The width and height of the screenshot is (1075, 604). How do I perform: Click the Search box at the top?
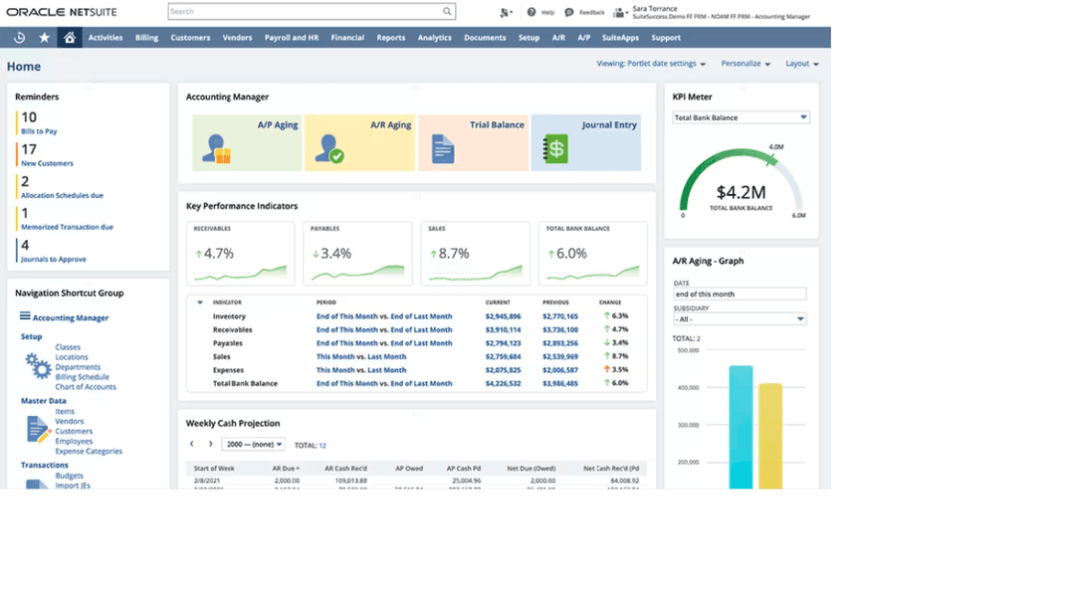point(311,12)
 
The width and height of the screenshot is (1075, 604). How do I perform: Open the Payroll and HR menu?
point(292,38)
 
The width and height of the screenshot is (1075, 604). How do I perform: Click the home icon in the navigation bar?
point(69,38)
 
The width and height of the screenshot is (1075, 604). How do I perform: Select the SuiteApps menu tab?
point(621,38)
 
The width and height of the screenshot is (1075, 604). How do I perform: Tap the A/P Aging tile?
point(246,142)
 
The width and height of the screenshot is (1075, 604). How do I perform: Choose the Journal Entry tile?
point(585,142)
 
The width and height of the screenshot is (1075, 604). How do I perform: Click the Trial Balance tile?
point(473,142)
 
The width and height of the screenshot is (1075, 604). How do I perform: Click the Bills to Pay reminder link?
point(39,131)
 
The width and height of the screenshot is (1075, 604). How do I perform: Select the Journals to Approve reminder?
point(54,259)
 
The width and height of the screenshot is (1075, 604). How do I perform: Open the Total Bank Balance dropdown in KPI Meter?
point(742,117)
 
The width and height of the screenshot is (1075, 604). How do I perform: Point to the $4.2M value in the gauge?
point(741,192)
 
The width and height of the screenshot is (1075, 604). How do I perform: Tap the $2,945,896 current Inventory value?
point(503,316)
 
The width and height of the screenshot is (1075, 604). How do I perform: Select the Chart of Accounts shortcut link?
point(86,387)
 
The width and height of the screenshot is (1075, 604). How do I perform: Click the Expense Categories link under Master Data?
point(89,451)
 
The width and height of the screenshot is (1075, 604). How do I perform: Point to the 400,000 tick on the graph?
point(687,387)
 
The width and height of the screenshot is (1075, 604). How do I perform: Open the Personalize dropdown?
point(747,64)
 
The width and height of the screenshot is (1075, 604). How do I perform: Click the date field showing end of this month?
point(740,295)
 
